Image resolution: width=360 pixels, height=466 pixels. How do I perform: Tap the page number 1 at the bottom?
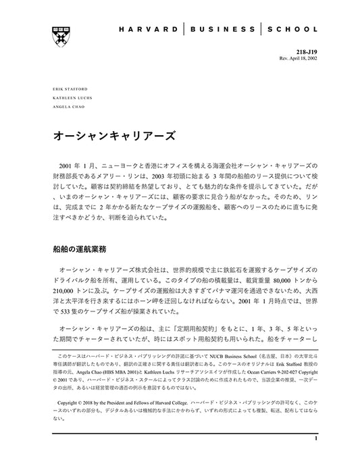(315, 457)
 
